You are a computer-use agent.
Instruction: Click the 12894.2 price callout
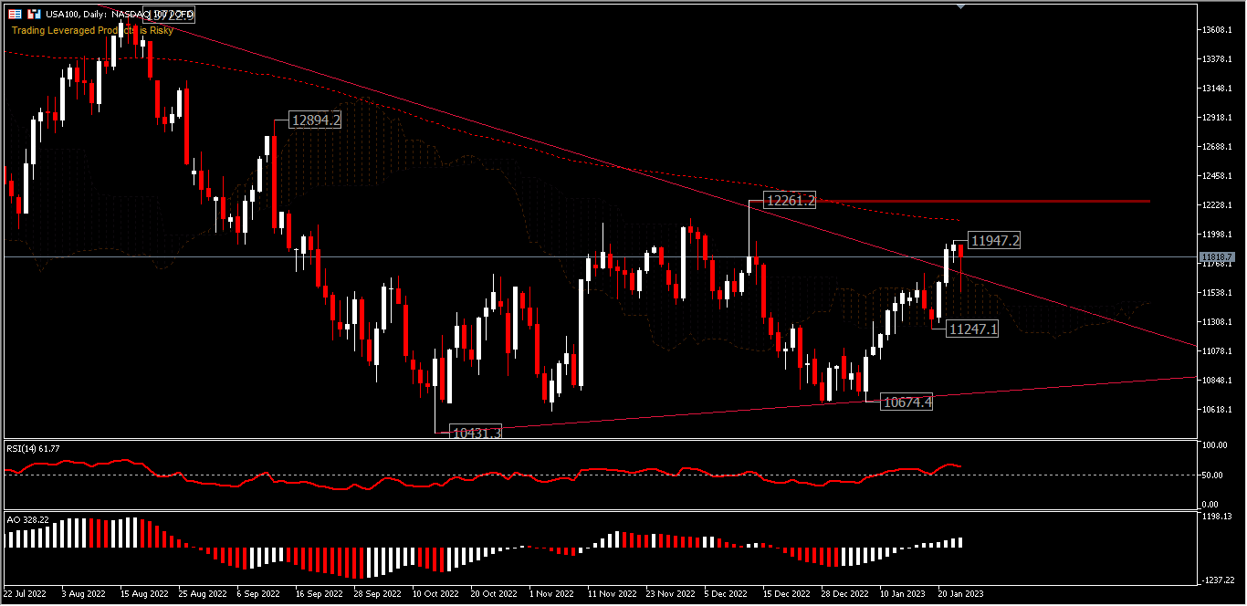[x=315, y=120]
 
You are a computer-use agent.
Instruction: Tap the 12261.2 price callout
[x=791, y=201]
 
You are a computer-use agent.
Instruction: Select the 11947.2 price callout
[x=994, y=241]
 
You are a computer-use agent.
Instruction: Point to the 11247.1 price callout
[x=973, y=329]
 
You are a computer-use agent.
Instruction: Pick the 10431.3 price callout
[x=477, y=433]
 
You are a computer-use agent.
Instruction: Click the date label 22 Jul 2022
[x=25, y=593]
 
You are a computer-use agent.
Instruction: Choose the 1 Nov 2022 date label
[x=552, y=593]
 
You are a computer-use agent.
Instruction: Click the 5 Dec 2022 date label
[x=727, y=593]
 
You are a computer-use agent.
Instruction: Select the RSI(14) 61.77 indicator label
[x=34, y=449]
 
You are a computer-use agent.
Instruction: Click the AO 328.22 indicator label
[x=27, y=518]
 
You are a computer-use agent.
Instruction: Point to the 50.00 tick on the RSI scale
[x=1212, y=475]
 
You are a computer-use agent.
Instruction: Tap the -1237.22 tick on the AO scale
[x=1218, y=580]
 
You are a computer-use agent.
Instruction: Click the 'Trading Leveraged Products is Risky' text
[x=92, y=30]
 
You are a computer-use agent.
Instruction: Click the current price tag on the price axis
[x=1218, y=257]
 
